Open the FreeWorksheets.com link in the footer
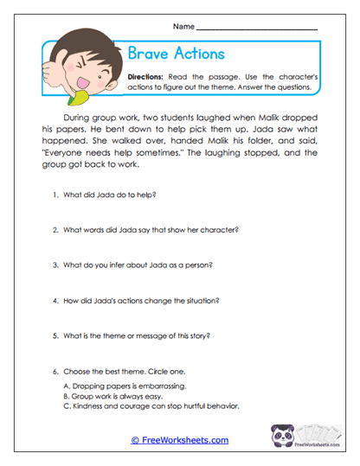(x=179, y=439)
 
